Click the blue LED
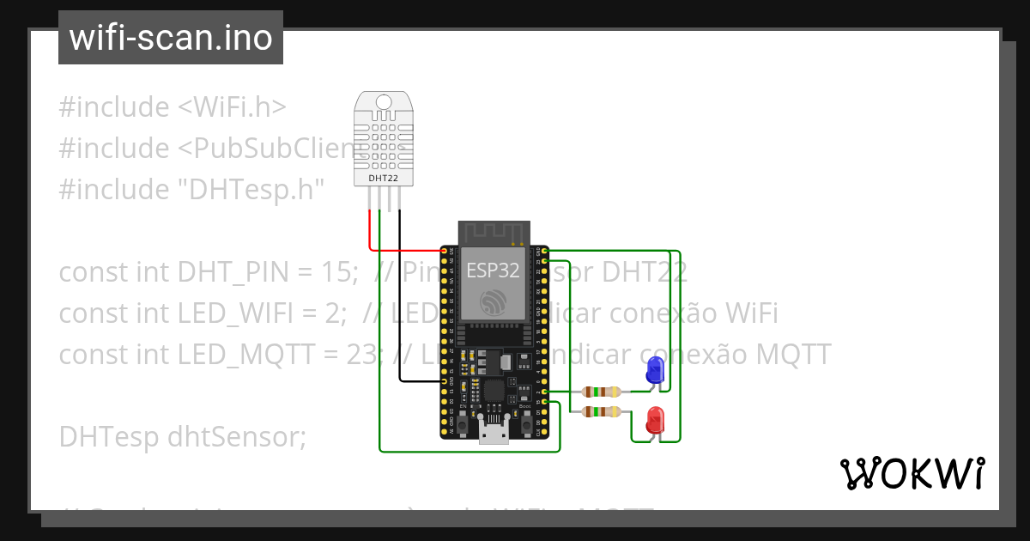coord(654,370)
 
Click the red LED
coord(655,420)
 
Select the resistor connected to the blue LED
coord(601,392)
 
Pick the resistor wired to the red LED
coord(601,413)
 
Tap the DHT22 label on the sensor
coord(383,178)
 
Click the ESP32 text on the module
coord(493,270)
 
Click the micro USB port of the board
coord(493,434)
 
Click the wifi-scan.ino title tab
coord(171,38)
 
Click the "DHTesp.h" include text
coord(249,189)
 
